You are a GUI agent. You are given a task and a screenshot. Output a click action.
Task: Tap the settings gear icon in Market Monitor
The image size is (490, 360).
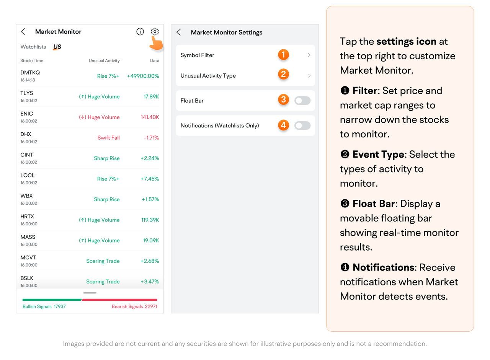[x=155, y=31]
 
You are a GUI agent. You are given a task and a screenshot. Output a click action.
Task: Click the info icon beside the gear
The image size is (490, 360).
[x=140, y=31]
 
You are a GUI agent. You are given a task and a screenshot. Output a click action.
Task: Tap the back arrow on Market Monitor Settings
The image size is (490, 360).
[x=178, y=33]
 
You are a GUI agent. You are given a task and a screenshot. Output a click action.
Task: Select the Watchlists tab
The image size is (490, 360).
[x=33, y=47]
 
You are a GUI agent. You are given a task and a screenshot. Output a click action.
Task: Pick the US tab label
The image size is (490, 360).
[x=57, y=47]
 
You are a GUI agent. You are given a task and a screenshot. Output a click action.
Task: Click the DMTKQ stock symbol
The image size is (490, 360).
[x=30, y=73]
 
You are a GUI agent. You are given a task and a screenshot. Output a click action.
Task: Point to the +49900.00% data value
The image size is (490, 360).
[x=143, y=76]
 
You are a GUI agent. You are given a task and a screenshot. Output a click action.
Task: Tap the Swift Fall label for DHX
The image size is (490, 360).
[x=108, y=138]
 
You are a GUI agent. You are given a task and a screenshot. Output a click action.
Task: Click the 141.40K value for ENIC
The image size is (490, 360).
[x=150, y=117]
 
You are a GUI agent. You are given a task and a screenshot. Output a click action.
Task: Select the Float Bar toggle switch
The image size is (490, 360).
[x=302, y=101]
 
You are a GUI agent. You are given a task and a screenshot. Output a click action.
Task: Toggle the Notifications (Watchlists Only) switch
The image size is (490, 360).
[x=302, y=125]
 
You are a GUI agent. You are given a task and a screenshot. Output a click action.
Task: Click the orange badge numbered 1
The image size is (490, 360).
[x=284, y=55]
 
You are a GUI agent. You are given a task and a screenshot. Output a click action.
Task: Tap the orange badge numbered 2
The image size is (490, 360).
[x=284, y=74]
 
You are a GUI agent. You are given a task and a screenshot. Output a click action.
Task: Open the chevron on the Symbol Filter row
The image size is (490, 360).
[x=309, y=55]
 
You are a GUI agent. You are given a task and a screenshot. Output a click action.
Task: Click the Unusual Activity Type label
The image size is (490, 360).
[x=208, y=76]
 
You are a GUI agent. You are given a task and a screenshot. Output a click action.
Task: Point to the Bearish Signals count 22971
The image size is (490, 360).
[x=151, y=306]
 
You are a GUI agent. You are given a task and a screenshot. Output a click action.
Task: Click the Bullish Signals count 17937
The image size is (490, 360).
[x=60, y=306]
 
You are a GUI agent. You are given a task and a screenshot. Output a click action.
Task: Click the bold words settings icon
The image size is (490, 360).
[x=406, y=42]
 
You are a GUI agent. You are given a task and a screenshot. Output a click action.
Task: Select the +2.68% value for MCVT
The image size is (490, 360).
[x=150, y=261]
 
